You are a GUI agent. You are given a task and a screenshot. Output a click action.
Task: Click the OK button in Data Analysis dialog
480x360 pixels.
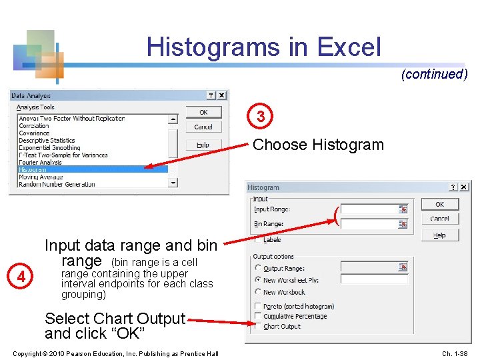coord(203,112)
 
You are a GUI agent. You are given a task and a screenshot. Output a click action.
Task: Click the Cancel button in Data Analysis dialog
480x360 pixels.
coord(203,127)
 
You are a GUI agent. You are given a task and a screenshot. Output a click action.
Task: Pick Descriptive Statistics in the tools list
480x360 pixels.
coord(47,140)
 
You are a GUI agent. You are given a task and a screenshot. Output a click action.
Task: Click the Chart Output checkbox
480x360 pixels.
coord(258,326)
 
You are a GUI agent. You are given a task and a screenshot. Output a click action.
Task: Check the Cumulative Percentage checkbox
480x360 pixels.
coord(258,316)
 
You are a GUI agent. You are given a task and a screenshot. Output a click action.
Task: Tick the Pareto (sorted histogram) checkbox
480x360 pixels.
coord(258,306)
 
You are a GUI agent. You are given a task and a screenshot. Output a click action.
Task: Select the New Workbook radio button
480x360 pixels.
coord(258,291)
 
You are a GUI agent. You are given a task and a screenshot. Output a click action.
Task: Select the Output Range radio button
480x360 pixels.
coord(258,268)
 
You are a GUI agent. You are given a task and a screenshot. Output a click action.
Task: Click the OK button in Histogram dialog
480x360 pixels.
coord(439,204)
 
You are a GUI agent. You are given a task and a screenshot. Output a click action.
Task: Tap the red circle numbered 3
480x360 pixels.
coord(261,117)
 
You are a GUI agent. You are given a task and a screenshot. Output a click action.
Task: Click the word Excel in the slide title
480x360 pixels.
coord(349,47)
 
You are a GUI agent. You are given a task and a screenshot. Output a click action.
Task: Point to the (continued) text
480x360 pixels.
coord(434,74)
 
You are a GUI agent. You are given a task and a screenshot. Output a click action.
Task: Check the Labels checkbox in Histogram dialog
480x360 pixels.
coord(258,239)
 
